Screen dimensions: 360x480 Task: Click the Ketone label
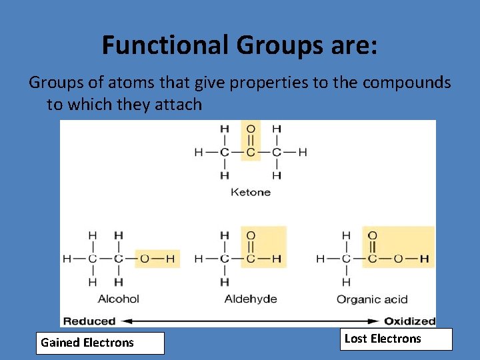tap(250, 192)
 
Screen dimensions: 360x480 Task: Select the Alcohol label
tap(118, 299)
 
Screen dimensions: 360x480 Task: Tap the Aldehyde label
tap(251, 299)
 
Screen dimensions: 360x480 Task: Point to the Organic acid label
tap(372, 299)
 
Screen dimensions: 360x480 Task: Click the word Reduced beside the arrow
tap(89, 321)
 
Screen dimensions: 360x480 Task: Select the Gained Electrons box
tap(100, 343)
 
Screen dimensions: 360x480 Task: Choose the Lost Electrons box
tap(396, 339)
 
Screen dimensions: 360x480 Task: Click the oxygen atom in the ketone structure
tap(250, 129)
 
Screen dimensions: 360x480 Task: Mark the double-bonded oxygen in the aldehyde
tap(251, 235)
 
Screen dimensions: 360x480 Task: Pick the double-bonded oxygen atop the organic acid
tap(372, 235)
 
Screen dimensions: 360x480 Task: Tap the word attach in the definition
tap(179, 104)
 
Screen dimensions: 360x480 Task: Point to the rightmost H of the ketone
tap(303, 152)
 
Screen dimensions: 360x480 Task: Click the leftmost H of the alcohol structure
tap(67, 259)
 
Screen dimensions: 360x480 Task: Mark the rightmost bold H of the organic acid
tap(424, 259)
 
